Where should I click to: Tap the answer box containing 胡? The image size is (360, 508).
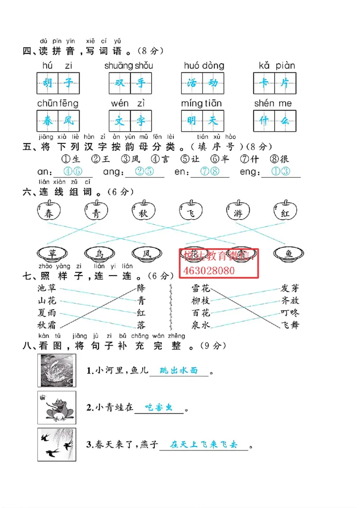47,83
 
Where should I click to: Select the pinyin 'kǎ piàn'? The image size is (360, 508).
277,66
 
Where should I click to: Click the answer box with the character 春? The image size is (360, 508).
47,120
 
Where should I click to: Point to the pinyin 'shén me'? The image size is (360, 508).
273,103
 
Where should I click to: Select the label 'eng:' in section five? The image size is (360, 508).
250,172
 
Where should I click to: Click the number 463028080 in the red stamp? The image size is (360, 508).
209,271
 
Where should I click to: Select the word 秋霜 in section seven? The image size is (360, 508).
47,325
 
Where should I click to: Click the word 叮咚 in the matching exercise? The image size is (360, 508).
290,312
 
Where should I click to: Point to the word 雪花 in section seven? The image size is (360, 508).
201,288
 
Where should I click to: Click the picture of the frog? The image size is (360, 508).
57,408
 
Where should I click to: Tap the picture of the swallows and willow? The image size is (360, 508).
57,445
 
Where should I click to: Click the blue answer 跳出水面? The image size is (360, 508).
179,371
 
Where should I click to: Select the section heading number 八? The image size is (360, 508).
27,346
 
